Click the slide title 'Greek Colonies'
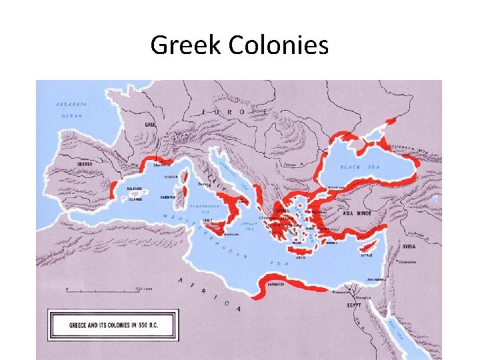(239, 45)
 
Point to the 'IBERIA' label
(84, 163)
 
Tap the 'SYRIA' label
(408, 247)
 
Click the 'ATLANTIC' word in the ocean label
(71, 105)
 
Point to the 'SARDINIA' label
(169, 197)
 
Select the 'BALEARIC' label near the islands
(135, 189)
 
